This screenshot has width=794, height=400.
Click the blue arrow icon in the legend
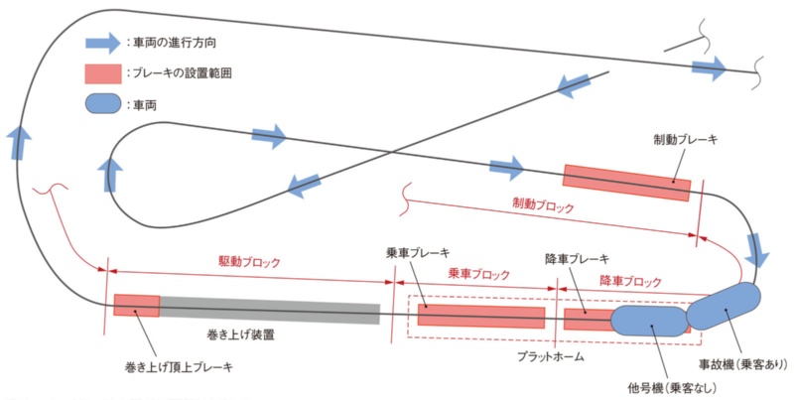coord(102,43)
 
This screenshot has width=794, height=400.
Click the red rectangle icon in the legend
coord(102,73)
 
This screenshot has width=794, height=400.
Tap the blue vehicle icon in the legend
coord(102,103)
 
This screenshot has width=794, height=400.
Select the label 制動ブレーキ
coord(685,140)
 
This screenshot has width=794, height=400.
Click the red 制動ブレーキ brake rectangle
coord(626,182)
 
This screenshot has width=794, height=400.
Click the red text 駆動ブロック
coord(249,262)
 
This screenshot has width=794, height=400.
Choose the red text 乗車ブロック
coord(479,273)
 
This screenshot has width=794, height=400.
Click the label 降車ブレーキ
coord(577,259)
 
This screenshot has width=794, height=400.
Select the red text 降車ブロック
coord(630,281)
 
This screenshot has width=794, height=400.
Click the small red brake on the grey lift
coord(136,305)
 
